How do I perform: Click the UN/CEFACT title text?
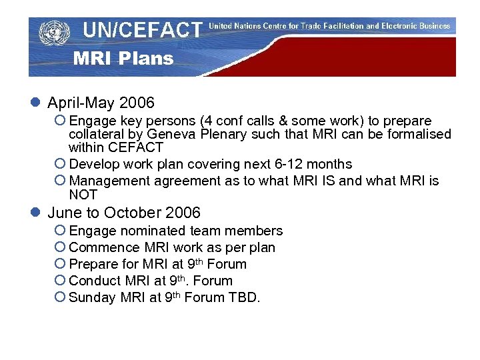(x=142, y=30)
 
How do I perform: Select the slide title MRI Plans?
(x=123, y=59)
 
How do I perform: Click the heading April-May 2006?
(x=101, y=103)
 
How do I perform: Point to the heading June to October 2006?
(x=123, y=213)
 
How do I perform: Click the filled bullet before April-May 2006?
(x=36, y=103)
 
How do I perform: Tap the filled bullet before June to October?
(x=36, y=213)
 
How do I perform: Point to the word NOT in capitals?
(x=83, y=195)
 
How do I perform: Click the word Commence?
(x=100, y=248)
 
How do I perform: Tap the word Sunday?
(x=93, y=298)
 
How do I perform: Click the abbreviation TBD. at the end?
(x=244, y=298)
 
